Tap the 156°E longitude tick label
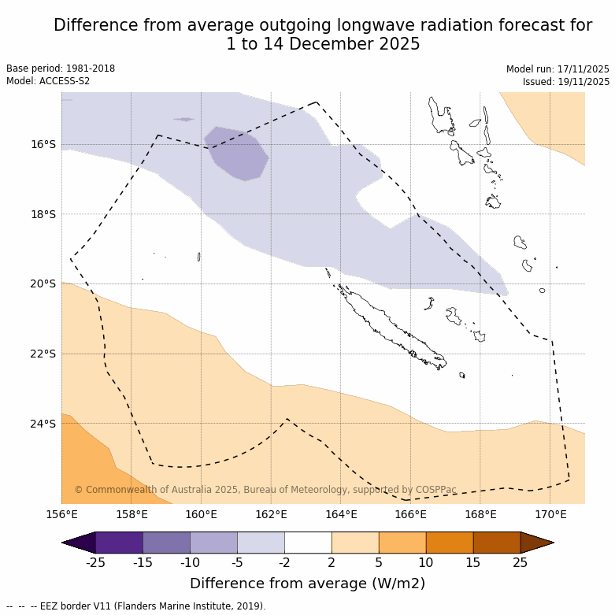point(61,515)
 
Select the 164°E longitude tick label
point(341,515)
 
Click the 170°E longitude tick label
point(550,515)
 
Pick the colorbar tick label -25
point(95,562)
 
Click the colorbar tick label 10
point(426,562)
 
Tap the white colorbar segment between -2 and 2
point(308,543)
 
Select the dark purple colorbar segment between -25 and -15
point(120,543)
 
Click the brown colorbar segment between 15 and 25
point(497,543)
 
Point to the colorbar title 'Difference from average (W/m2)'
point(308,584)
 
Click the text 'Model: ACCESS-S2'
point(48,81)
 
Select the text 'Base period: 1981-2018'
point(61,69)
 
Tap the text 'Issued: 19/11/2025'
point(566,82)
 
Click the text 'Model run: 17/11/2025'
point(558,69)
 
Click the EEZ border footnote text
point(136,606)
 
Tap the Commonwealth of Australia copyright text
point(265,490)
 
